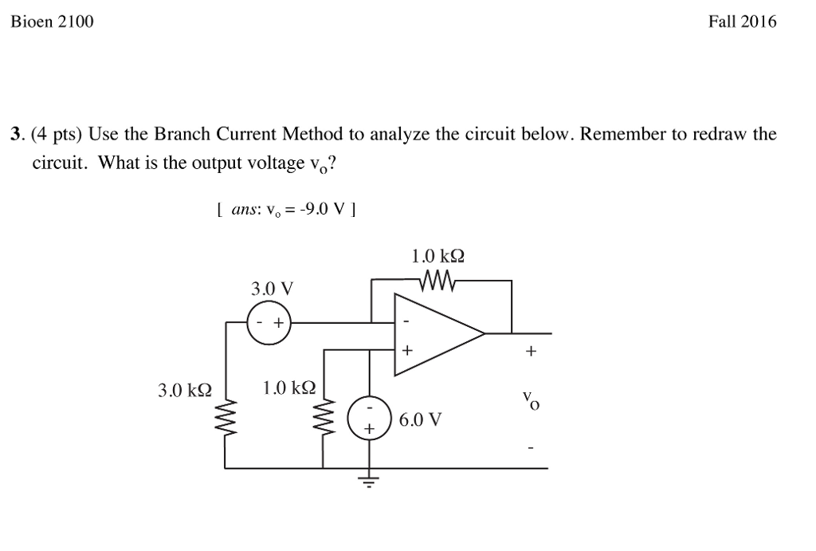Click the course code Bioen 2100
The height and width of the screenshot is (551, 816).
[x=52, y=22]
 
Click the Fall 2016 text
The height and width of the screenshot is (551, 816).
[x=742, y=22]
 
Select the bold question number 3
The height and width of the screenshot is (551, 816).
[x=14, y=135]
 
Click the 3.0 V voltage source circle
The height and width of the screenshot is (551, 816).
[x=269, y=323]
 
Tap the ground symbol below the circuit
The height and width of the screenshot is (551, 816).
[x=369, y=481]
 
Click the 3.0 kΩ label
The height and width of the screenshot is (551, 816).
[x=185, y=390]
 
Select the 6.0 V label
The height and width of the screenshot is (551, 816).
[x=421, y=419]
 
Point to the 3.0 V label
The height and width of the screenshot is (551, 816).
[x=272, y=287]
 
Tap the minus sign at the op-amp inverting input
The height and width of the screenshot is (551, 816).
[x=406, y=322]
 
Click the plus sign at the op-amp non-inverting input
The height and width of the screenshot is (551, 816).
[x=407, y=349]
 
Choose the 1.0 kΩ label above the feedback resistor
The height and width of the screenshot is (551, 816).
[x=437, y=257]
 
